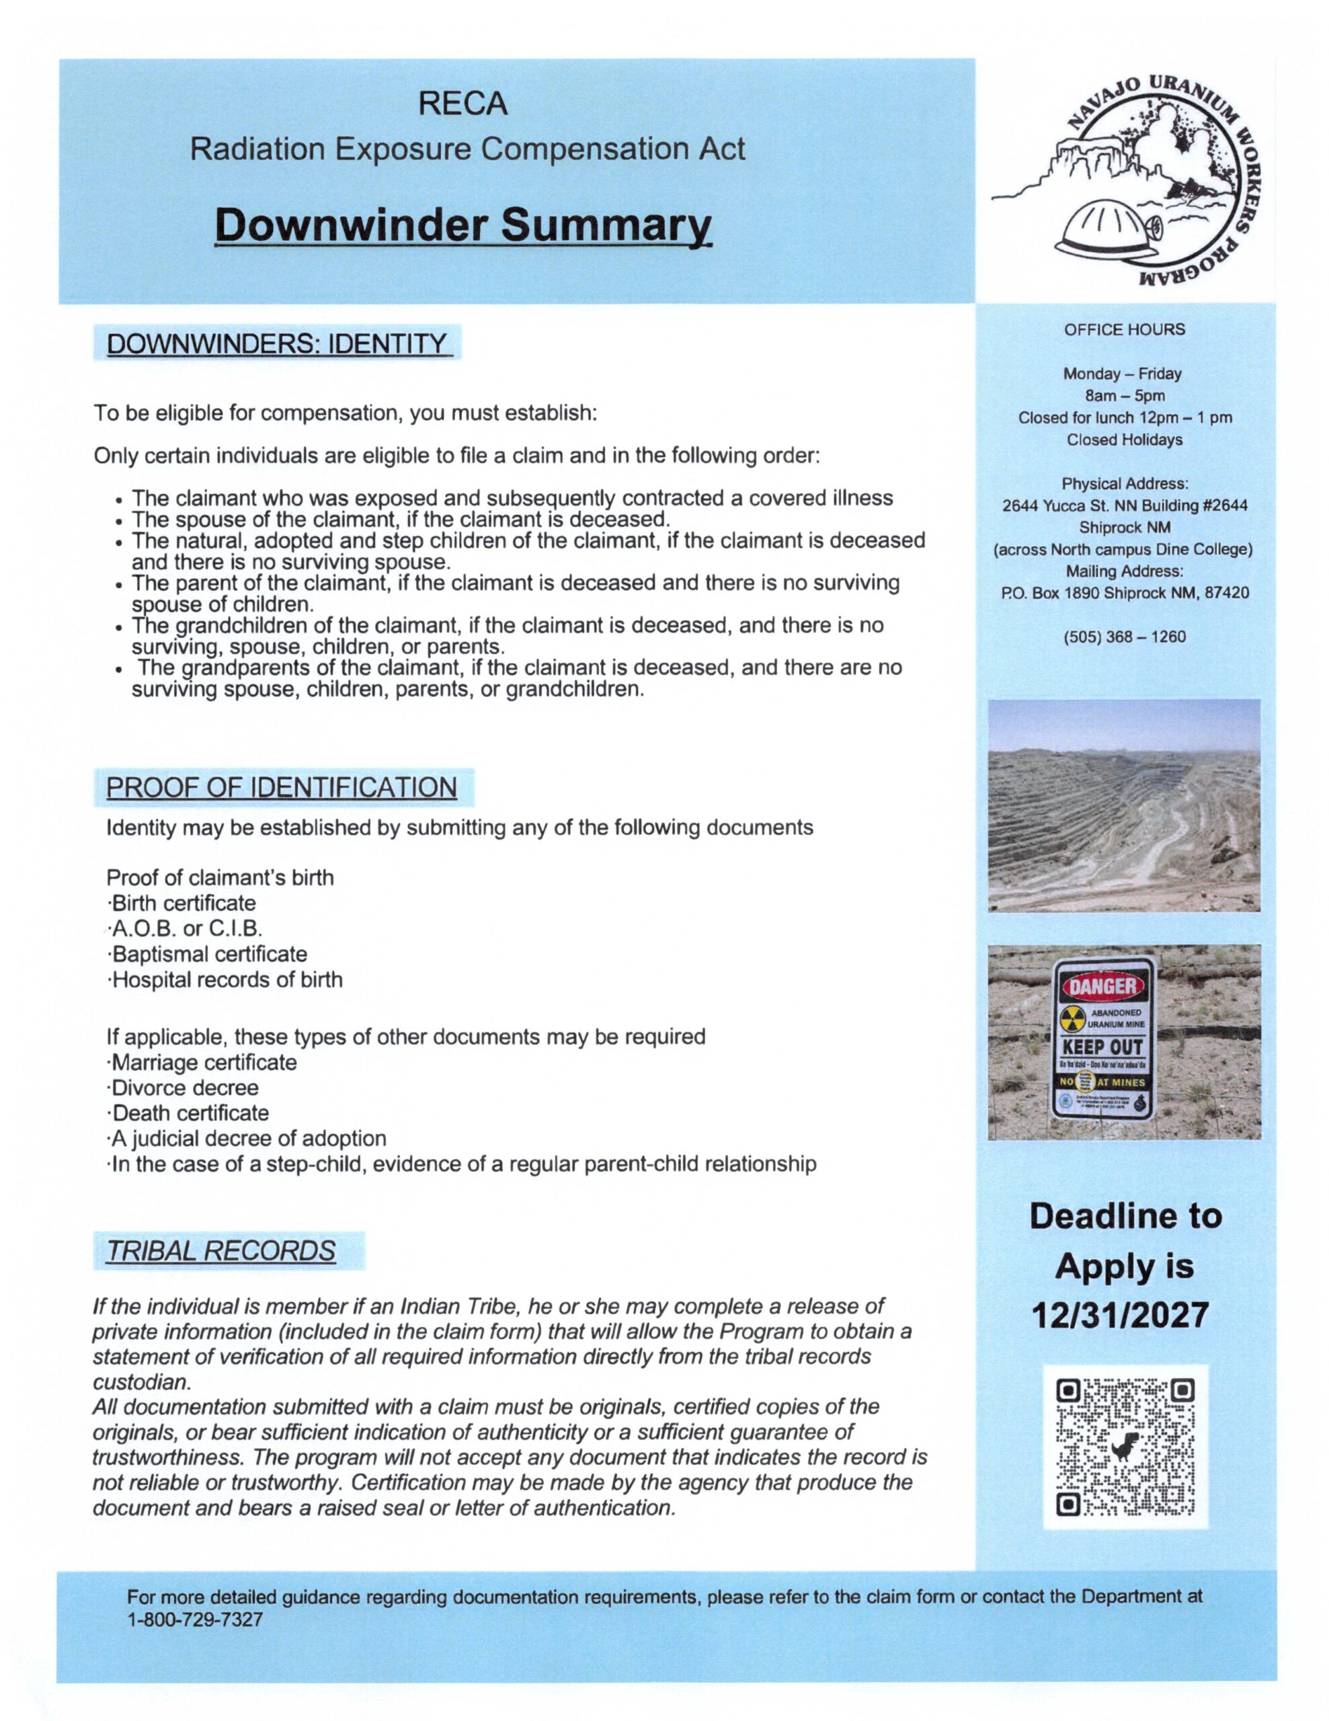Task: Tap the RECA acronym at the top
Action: coord(463,104)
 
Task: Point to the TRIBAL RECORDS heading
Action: coord(220,1250)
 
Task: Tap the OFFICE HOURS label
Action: coord(1124,329)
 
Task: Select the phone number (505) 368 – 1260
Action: coord(1124,637)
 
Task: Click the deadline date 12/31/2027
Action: coord(1124,1315)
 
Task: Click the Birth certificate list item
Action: coord(182,903)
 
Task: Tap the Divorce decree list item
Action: coord(184,1088)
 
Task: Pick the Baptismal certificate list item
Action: coord(207,954)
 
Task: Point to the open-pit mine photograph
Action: coord(1124,805)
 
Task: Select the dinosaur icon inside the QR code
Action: coord(1121,1448)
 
